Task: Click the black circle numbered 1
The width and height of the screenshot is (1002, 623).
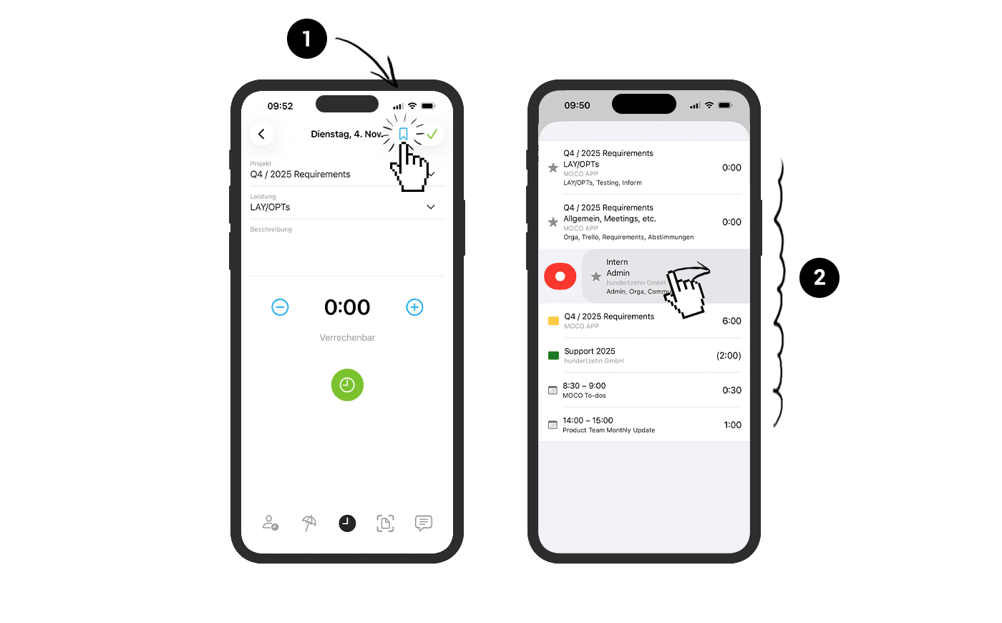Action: (307, 39)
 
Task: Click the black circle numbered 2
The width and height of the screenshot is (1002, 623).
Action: (819, 277)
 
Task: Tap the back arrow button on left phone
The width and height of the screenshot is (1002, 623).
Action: (262, 134)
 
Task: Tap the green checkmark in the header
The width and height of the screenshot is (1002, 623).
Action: (432, 134)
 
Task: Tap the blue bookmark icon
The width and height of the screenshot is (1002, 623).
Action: (403, 134)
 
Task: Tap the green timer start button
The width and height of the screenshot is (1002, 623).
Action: (347, 385)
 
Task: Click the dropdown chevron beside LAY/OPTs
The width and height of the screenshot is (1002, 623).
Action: (431, 207)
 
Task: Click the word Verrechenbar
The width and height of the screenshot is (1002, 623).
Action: (347, 337)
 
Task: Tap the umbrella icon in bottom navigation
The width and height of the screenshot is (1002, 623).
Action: (308, 523)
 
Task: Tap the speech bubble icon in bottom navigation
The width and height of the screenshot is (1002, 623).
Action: (423, 523)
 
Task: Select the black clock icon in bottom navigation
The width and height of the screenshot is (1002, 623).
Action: (347, 523)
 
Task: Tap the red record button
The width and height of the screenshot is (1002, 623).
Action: (560, 276)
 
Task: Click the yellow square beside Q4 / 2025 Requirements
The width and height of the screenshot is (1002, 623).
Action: (553, 321)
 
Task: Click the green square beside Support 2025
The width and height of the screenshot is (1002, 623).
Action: (553, 355)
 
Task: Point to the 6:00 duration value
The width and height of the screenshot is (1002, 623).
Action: (731, 321)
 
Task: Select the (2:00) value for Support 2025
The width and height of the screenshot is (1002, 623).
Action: (729, 355)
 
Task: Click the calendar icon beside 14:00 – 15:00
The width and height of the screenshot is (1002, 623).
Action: (553, 425)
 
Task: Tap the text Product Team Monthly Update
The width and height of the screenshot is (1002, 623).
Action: (608, 430)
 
